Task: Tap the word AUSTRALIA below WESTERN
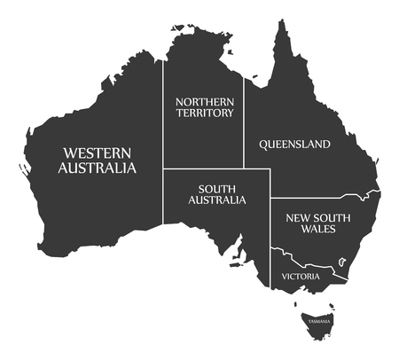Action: (x=98, y=167)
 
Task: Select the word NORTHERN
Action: (x=205, y=101)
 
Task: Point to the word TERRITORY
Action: (x=205, y=113)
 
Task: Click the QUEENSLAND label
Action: (x=294, y=144)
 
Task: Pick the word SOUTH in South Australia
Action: (x=216, y=188)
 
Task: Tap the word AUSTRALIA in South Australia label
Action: (x=216, y=200)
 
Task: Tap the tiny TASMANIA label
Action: (x=317, y=320)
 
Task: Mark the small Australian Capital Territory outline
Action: (x=340, y=262)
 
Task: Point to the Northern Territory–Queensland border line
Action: (x=245, y=124)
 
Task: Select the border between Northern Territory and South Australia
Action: (x=204, y=169)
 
